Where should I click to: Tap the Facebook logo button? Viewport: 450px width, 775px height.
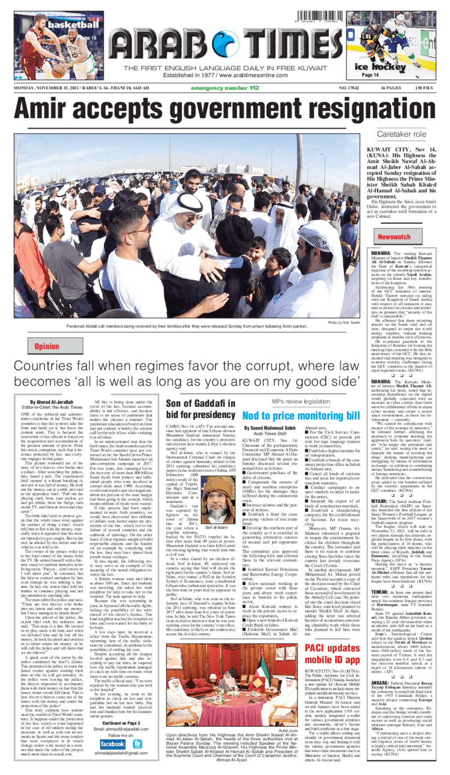click(112, 744)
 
